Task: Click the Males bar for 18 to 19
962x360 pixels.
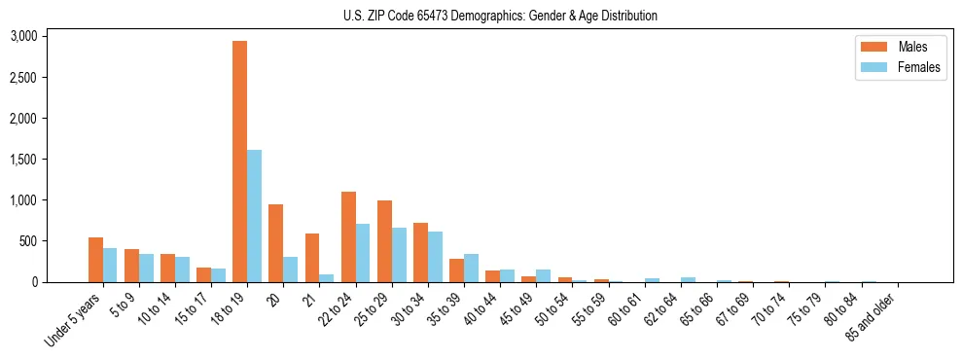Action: tap(239, 162)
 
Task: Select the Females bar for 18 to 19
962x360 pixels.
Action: tap(254, 216)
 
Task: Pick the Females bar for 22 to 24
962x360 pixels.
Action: tap(363, 253)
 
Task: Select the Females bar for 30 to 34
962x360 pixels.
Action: tap(435, 257)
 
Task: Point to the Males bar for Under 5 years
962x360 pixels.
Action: tap(95, 260)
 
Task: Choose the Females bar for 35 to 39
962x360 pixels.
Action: tap(471, 268)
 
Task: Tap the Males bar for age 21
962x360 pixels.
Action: tap(312, 258)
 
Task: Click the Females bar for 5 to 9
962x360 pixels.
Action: tap(146, 269)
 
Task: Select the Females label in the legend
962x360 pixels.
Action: tap(919, 67)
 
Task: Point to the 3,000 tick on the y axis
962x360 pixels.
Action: tap(23, 36)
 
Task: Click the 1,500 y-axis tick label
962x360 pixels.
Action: tap(23, 160)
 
